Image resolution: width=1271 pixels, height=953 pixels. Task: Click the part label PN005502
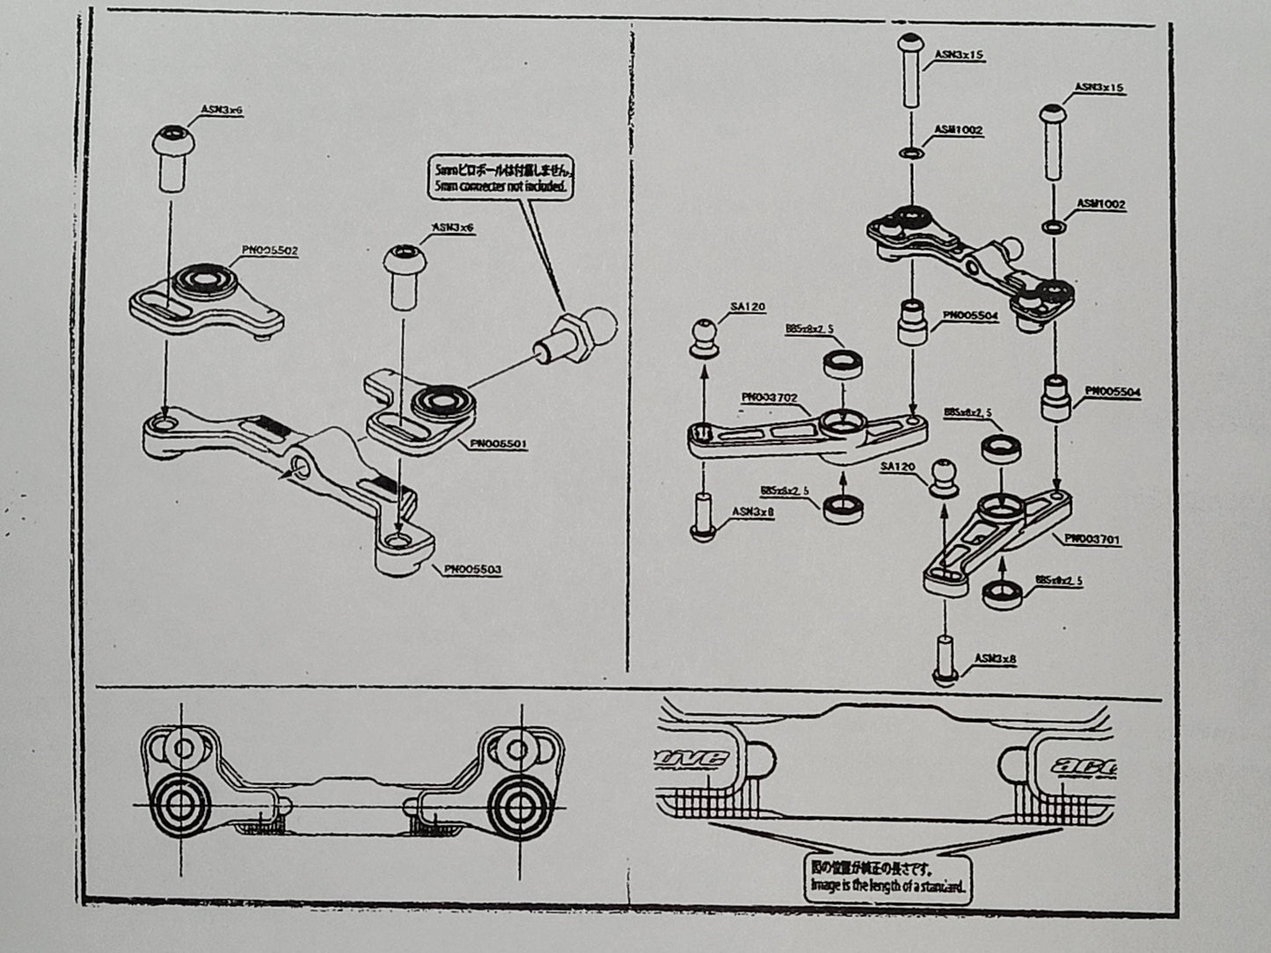pos(270,251)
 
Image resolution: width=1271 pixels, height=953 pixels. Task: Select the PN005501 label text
pos(499,444)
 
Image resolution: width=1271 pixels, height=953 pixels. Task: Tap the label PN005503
pos(472,570)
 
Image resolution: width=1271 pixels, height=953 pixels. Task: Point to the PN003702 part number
pos(769,397)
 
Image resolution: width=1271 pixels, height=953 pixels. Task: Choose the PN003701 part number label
pos(1092,539)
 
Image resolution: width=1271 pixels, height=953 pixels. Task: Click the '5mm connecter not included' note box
pos(503,178)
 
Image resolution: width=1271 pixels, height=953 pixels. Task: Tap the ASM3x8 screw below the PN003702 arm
pos(703,517)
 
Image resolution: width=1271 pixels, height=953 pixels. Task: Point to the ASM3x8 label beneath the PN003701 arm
pos(995,658)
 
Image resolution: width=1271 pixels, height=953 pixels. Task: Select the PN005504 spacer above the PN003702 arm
pos(911,323)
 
